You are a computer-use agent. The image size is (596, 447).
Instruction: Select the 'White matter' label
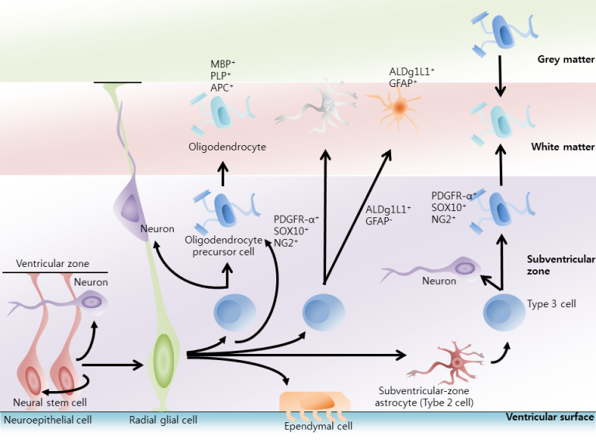[x=563, y=147]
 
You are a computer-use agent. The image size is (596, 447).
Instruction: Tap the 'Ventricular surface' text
[x=549, y=418]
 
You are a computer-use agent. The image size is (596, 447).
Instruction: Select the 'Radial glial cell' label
[x=163, y=421]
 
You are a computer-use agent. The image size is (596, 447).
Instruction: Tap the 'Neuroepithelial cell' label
[x=48, y=421]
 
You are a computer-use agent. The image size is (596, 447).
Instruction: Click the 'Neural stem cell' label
[x=49, y=402]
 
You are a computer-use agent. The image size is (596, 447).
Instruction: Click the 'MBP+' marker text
[x=204, y=63]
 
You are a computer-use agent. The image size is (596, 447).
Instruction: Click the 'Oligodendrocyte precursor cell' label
[x=225, y=246]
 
